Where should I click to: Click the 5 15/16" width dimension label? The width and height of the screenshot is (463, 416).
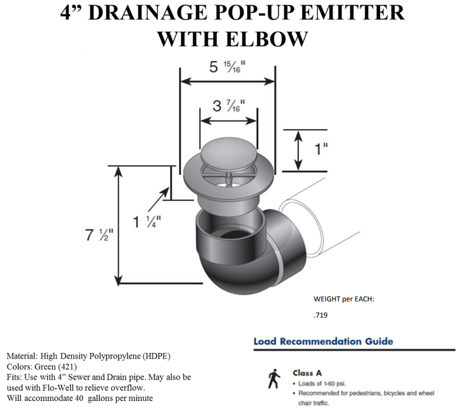(x=227, y=68)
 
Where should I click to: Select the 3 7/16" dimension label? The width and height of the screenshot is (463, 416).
(x=229, y=106)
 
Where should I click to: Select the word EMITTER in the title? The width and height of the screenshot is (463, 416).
(x=354, y=13)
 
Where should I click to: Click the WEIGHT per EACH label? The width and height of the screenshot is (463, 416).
(x=344, y=300)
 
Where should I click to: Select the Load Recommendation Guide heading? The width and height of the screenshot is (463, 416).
(x=323, y=341)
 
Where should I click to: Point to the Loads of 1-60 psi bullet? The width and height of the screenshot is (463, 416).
(x=325, y=383)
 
